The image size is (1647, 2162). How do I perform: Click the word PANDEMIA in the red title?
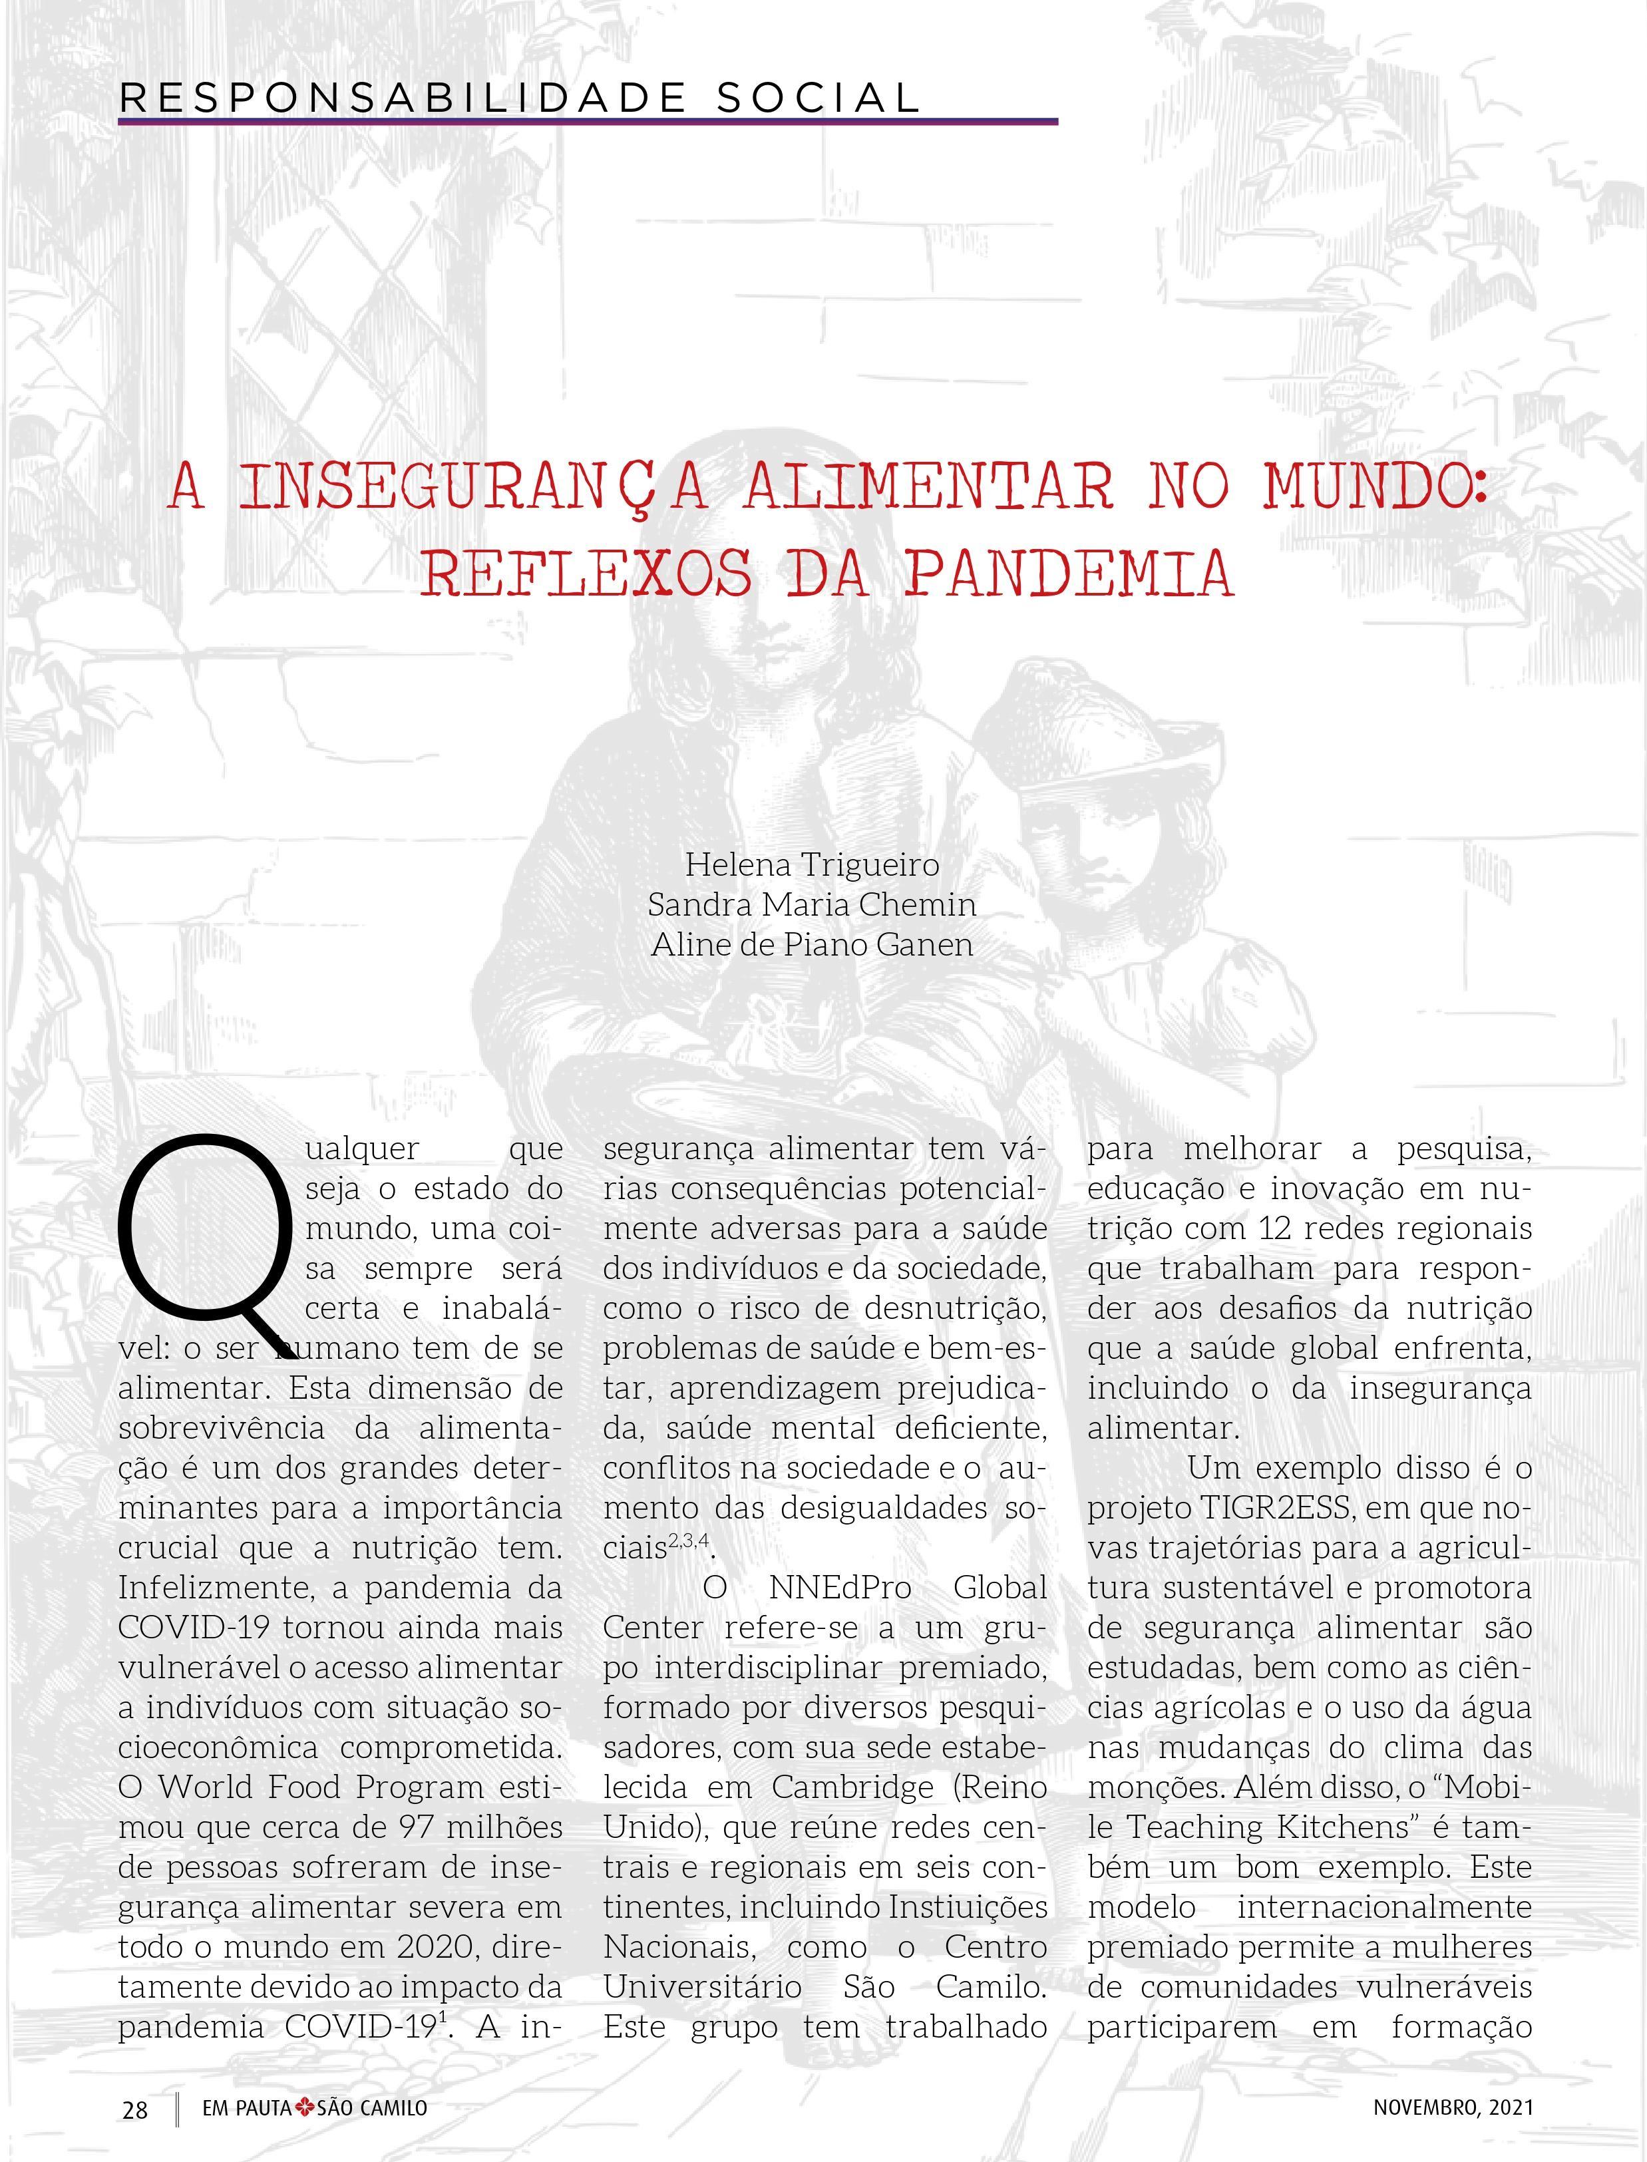[1069, 574]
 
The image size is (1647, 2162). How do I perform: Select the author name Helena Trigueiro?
[812, 864]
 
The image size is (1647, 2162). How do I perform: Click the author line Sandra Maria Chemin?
[812, 904]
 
